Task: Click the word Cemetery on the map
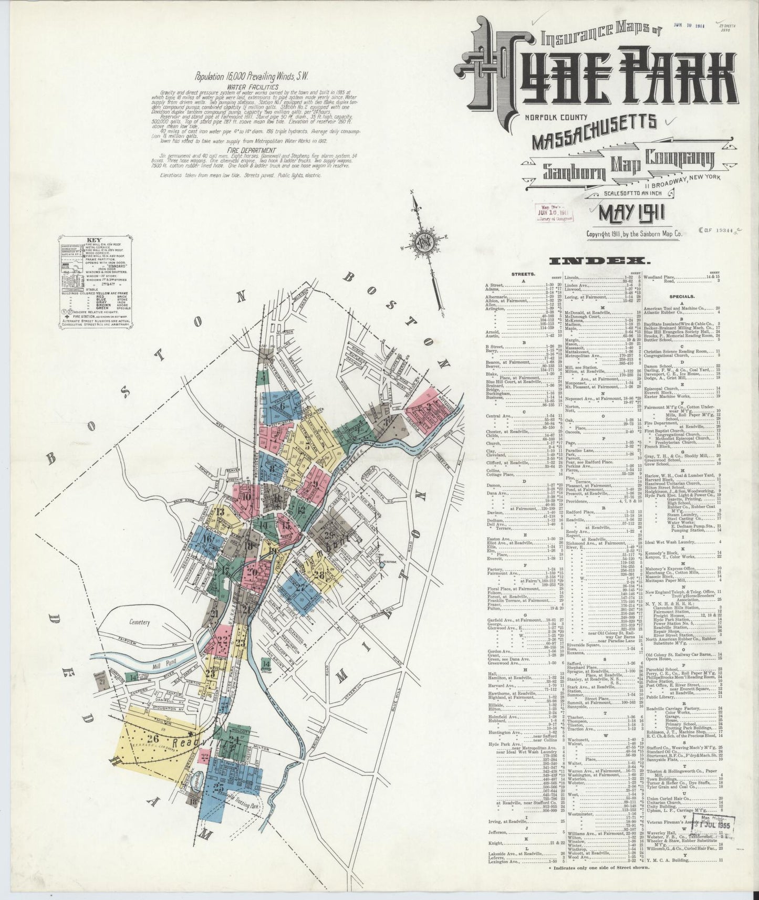pos(139,622)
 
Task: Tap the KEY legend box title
pos(95,242)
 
